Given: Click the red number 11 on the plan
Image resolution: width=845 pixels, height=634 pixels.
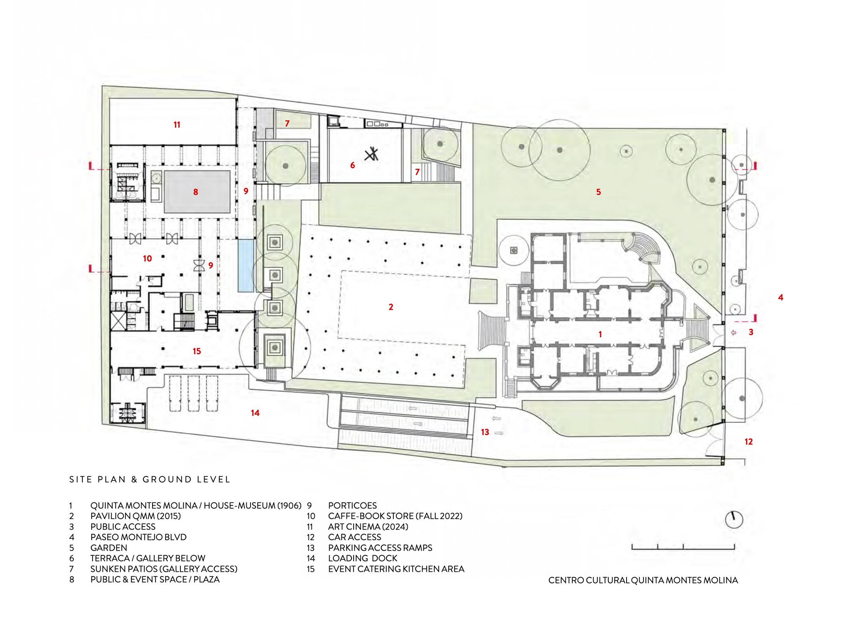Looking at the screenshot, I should point(177,125).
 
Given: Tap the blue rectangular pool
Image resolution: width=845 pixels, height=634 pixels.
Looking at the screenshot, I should point(246,266).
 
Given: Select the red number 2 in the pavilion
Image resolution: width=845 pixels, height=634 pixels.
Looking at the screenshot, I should point(391,307).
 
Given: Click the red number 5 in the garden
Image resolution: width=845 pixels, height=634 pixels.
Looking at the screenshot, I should point(598,192).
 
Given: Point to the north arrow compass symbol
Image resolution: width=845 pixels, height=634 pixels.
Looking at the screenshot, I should point(734,519).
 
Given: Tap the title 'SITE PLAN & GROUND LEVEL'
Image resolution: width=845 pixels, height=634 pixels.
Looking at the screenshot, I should point(150,479).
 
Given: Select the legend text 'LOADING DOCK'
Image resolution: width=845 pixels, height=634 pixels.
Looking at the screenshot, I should point(363,558).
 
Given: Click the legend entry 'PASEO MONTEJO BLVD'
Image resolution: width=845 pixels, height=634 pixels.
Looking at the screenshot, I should point(138,537).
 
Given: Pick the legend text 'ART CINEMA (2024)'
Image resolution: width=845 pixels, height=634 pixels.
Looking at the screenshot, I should point(368,527).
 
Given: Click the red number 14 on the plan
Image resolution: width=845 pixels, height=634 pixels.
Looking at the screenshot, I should point(255,413).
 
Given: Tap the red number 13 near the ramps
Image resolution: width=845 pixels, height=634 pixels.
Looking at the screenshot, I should point(485,432).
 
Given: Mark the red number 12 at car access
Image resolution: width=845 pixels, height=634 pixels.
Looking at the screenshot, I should point(749,442).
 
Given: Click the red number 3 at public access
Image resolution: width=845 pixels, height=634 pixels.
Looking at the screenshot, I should point(751,332).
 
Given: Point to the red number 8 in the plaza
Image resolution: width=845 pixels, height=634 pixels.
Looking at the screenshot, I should point(196,192).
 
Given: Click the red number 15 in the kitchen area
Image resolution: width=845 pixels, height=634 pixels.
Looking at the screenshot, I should point(197,351).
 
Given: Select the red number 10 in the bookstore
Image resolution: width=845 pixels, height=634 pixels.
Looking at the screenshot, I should point(147,258).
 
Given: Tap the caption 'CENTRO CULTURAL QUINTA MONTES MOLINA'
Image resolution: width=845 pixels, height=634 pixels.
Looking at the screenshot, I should point(643,580).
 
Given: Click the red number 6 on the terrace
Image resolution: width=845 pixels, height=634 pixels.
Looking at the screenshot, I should point(352,165).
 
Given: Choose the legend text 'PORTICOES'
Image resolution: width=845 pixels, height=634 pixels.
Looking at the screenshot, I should point(352,506).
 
